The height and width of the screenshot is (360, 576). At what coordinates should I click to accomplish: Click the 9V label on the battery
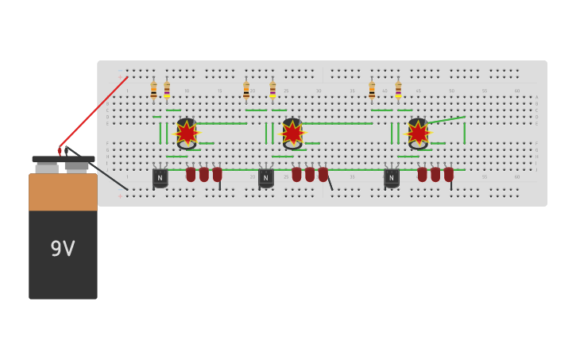[x=63, y=249]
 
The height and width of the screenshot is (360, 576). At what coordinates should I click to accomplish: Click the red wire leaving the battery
[x=94, y=111]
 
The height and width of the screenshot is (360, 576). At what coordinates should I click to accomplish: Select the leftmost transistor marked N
[x=160, y=177]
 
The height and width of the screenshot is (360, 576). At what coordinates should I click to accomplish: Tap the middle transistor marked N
[x=266, y=177]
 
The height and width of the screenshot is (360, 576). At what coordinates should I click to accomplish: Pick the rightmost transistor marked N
[x=392, y=177]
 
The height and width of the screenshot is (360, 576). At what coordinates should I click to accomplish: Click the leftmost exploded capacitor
[x=187, y=133]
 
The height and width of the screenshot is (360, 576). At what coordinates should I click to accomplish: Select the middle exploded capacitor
[x=292, y=133]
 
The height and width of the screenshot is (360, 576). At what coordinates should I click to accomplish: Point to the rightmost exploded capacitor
[x=418, y=133]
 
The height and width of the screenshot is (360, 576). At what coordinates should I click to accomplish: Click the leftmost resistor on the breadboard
[x=153, y=91]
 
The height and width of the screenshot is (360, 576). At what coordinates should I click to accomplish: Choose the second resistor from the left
[x=167, y=91]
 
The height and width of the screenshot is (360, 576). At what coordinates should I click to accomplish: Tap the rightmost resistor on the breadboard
[x=398, y=91]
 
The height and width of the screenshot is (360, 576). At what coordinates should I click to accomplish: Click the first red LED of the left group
[x=191, y=174]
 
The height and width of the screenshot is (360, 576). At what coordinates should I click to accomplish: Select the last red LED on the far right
[x=449, y=174]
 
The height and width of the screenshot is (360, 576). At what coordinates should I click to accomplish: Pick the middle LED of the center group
[x=310, y=174]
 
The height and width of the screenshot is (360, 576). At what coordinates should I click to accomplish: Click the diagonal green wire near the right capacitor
[x=447, y=119]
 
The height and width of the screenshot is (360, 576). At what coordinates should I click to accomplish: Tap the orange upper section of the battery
[x=63, y=192]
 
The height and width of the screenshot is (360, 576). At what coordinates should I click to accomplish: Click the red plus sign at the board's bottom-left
[x=121, y=195]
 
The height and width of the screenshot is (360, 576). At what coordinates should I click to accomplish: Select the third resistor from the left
[x=246, y=91]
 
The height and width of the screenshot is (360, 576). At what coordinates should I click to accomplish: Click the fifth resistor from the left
[x=372, y=91]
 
